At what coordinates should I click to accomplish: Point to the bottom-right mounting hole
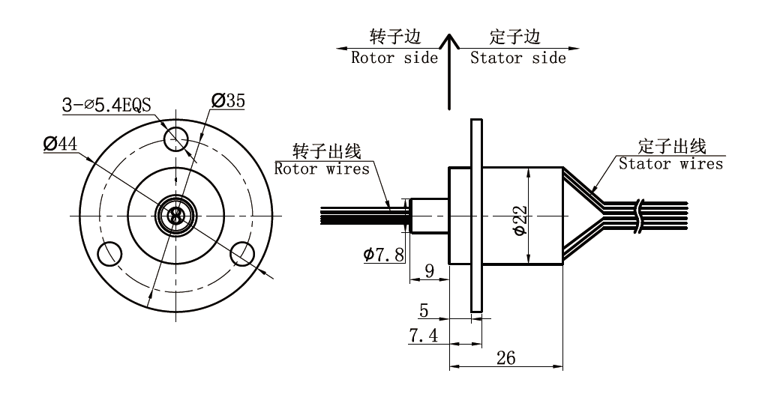241,252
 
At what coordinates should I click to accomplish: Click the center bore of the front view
175,216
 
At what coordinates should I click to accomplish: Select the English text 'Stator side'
518,58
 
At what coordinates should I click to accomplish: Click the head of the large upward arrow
448,42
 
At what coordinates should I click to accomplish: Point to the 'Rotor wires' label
322,169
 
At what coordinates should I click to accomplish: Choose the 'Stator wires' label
670,164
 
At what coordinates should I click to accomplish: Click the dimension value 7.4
424,335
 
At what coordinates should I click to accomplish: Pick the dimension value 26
506,358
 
